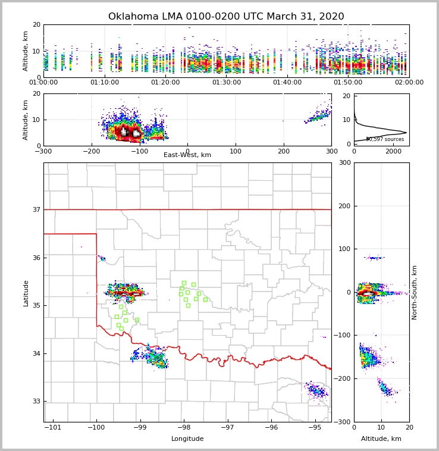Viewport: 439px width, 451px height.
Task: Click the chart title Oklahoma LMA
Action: [x=226, y=17]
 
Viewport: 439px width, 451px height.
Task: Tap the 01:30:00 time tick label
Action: [x=227, y=83]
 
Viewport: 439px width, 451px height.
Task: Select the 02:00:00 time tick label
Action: [x=409, y=83]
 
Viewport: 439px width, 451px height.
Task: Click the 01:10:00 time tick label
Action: [x=105, y=83]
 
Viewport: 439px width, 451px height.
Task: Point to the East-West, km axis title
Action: [x=187, y=155]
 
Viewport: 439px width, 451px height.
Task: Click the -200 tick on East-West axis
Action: [x=91, y=151]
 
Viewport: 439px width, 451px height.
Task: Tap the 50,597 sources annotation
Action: [x=385, y=139]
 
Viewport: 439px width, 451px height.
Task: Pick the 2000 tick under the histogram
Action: [x=393, y=151]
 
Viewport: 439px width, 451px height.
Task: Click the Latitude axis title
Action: [x=26, y=293]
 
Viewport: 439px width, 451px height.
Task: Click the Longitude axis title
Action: [x=187, y=439]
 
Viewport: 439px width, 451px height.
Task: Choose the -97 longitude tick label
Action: [x=227, y=428]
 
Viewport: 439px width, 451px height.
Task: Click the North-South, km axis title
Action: [x=415, y=292]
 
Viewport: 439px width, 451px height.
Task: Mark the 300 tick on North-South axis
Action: [x=344, y=162]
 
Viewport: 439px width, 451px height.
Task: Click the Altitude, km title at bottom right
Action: [x=381, y=439]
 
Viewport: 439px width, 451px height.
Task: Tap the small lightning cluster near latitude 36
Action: [x=102, y=258]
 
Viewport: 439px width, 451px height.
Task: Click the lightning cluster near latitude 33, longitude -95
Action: [x=316, y=391]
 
